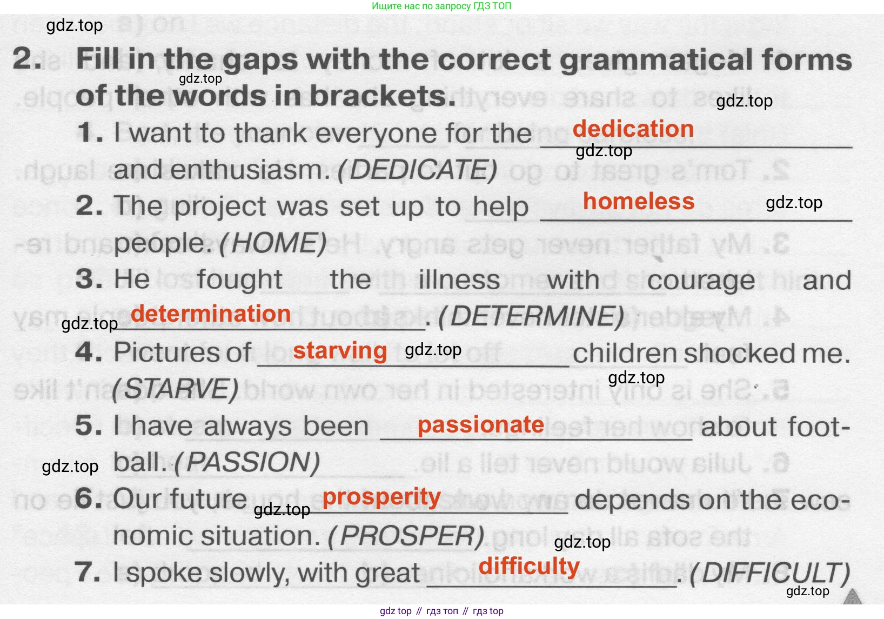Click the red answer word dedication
(633, 129)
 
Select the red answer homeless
(639, 201)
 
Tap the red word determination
(211, 314)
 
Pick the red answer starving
(340, 351)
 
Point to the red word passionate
(481, 425)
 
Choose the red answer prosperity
(381, 497)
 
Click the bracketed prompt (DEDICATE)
(418, 170)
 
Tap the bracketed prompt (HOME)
(273, 243)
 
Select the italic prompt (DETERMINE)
(531, 317)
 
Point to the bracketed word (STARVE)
(175, 389)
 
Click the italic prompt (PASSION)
(246, 463)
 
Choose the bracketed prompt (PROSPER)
(406, 536)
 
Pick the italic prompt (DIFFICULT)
(769, 573)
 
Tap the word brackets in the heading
(383, 96)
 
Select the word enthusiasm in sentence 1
(250, 170)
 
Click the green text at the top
(441, 6)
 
